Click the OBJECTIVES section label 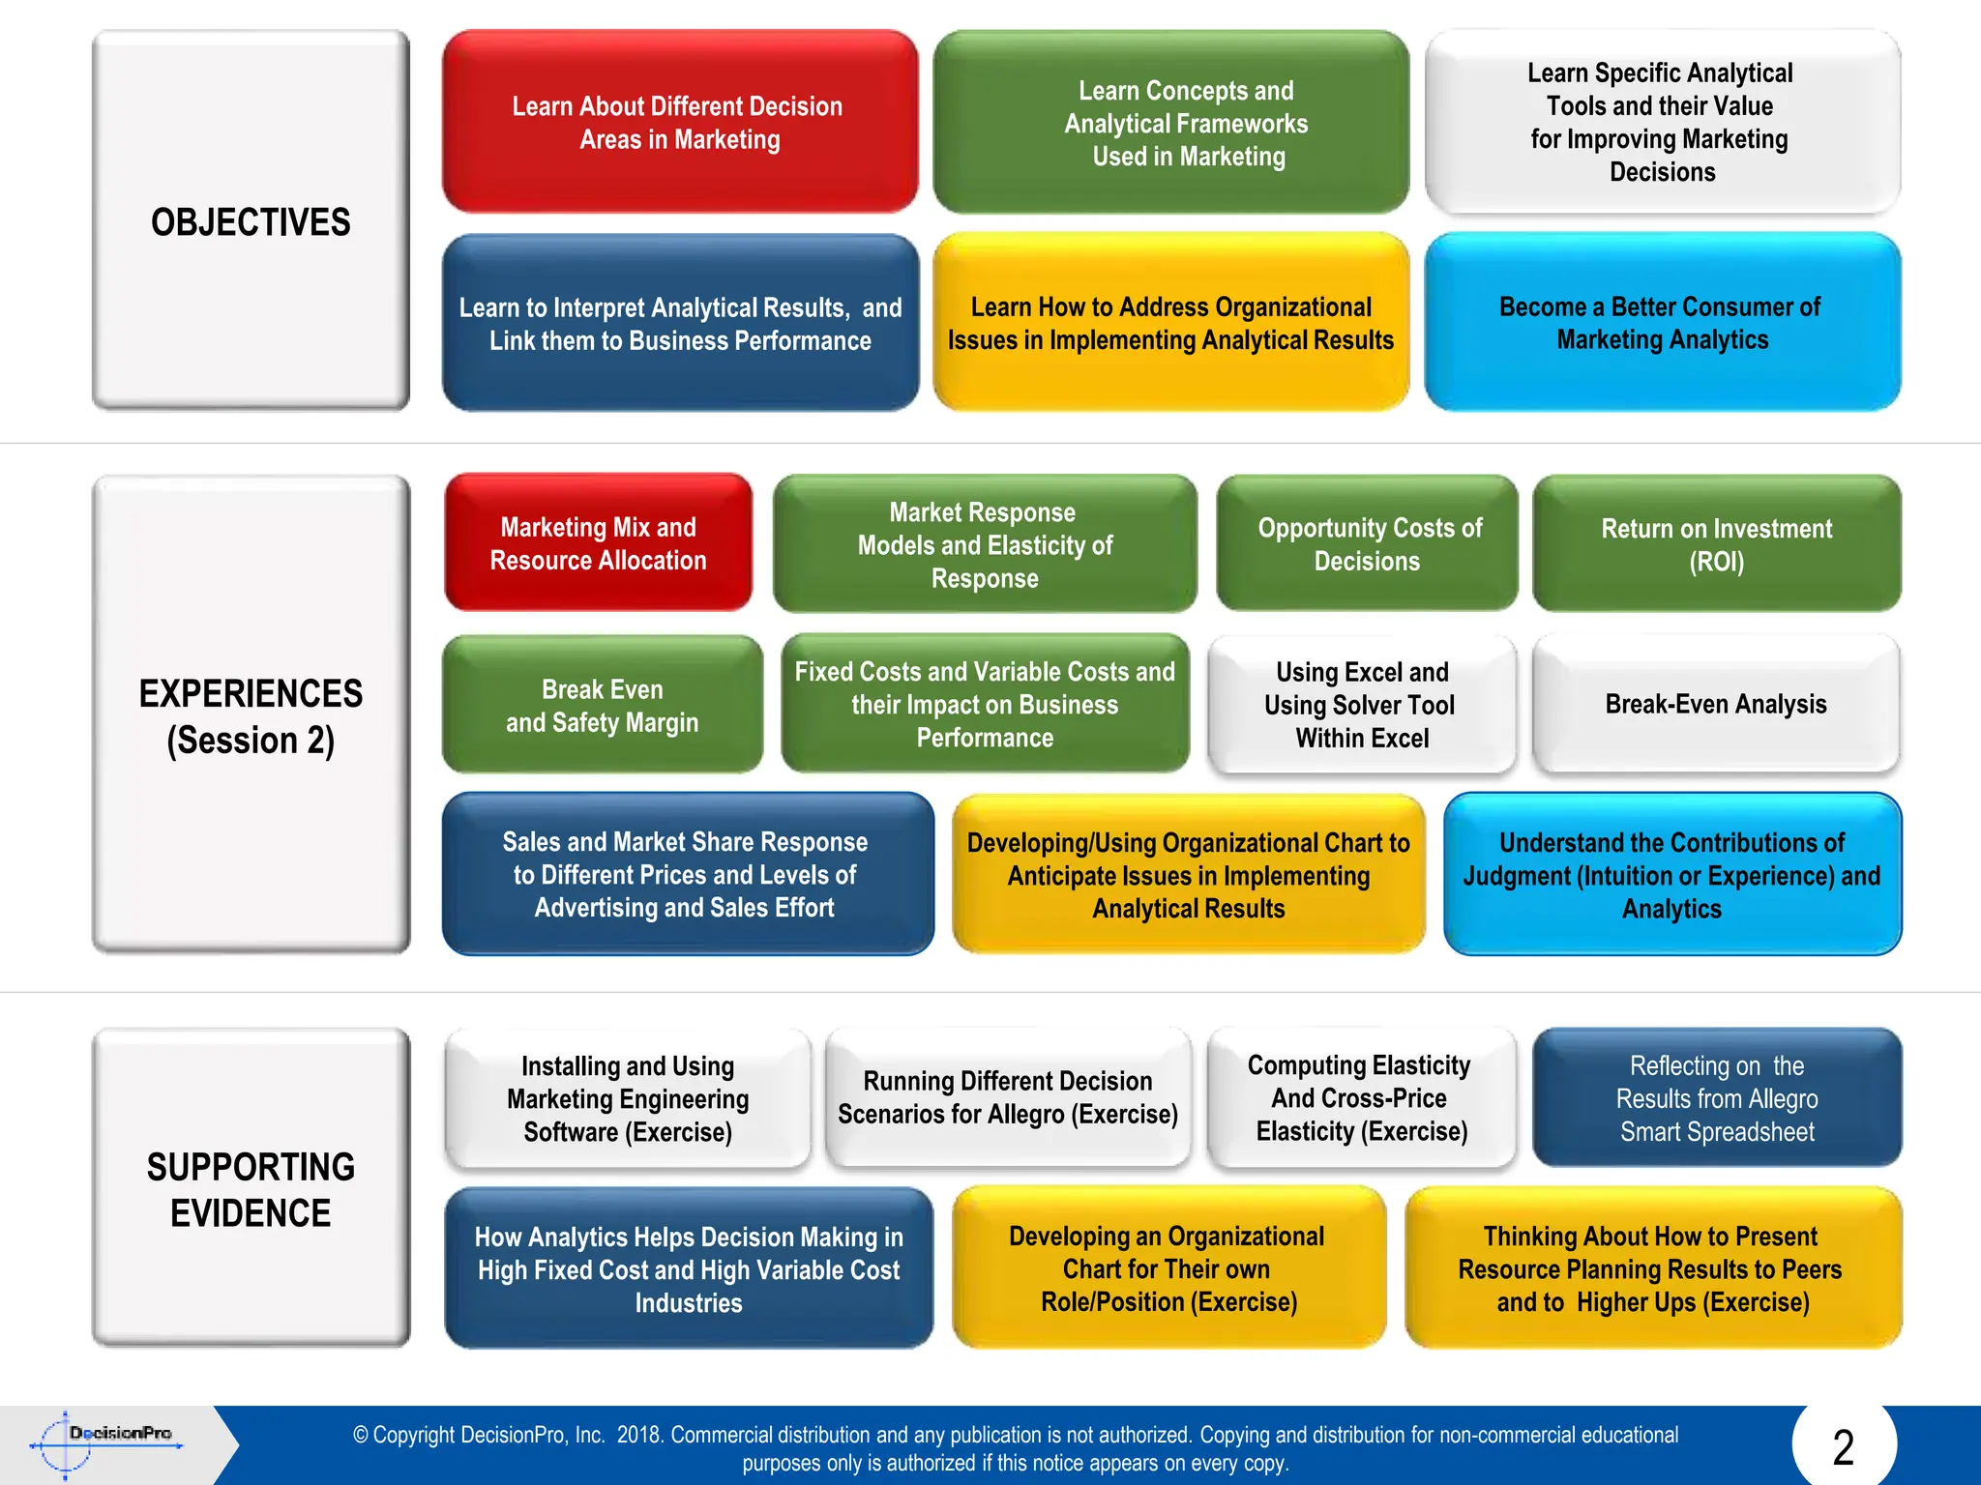click(x=251, y=221)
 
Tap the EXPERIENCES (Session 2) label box click(x=251, y=715)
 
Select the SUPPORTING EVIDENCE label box click(x=251, y=1189)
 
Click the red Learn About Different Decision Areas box click(x=679, y=123)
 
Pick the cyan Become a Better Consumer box click(x=1661, y=323)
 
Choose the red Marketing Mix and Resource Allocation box click(x=598, y=543)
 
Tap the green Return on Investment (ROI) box click(x=1716, y=544)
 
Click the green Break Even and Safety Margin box click(x=602, y=705)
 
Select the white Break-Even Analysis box click(x=1715, y=704)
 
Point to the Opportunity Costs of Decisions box click(x=1368, y=544)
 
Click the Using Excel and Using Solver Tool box click(x=1361, y=705)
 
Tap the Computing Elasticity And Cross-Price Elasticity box click(x=1360, y=1098)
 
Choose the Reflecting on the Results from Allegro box click(x=1717, y=1098)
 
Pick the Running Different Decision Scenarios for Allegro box click(x=1007, y=1098)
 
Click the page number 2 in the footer click(x=1843, y=1447)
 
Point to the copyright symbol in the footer click(x=361, y=1435)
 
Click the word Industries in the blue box click(x=689, y=1303)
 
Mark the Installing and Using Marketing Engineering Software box click(x=628, y=1098)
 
